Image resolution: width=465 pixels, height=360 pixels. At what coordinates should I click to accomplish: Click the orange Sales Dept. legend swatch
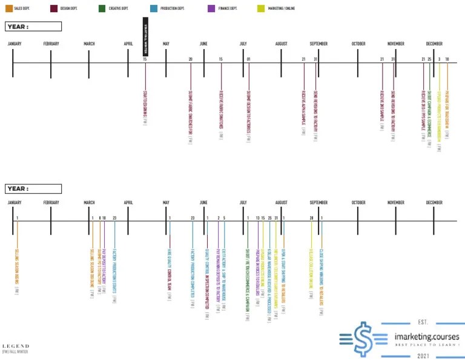(8, 8)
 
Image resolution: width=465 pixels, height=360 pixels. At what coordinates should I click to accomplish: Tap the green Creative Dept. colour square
(102, 8)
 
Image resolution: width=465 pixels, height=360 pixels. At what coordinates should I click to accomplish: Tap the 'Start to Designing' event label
(145, 105)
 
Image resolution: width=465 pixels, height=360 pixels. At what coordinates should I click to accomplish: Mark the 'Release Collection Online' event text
(311, 270)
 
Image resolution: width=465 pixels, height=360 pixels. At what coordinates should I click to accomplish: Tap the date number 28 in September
(311, 218)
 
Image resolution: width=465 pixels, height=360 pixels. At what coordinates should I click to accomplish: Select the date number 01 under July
(248, 59)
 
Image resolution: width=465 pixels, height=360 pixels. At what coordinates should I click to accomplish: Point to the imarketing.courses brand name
(426, 337)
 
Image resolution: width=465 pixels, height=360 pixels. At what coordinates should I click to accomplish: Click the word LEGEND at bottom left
(15, 346)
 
